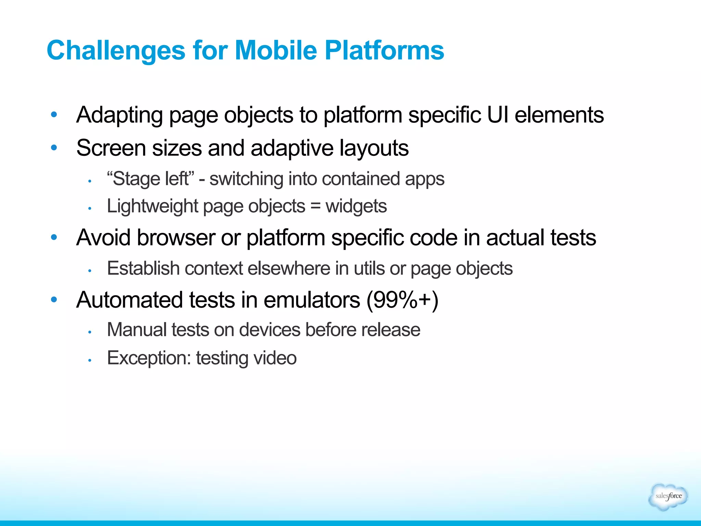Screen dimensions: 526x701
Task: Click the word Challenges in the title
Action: click(116, 50)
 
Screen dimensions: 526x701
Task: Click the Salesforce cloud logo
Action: click(668, 496)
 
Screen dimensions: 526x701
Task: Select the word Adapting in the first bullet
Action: click(119, 115)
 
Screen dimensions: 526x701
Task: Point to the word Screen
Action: click(111, 148)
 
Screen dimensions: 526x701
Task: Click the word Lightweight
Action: click(152, 206)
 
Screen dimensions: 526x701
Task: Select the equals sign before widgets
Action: click(315, 206)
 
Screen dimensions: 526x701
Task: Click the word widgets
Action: click(356, 206)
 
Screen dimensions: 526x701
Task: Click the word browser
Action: click(176, 238)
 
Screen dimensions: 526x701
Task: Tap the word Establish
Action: click(143, 268)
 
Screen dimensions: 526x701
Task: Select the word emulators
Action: click(312, 300)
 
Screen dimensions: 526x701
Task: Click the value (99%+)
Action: click(403, 300)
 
